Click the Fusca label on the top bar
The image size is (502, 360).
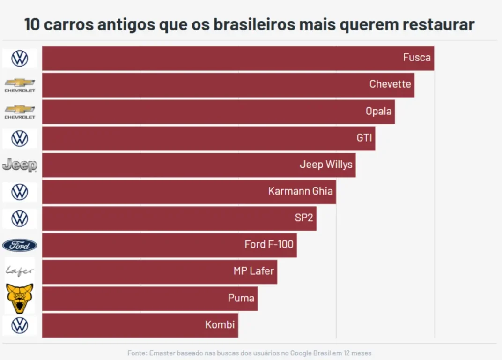416,58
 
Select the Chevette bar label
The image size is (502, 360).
390,84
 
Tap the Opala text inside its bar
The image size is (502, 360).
378,112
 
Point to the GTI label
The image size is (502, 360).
364,138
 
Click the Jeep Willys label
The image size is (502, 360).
326,165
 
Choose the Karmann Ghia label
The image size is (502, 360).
300,191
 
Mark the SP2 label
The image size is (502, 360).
303,218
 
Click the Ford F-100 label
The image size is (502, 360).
269,244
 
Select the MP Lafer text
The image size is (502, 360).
253,271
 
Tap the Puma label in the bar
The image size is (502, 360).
241,298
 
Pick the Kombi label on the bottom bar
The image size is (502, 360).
220,324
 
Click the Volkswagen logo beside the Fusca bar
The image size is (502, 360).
20,58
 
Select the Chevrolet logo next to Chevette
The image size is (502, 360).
20,85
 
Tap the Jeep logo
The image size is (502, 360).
20,165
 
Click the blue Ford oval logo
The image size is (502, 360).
20,245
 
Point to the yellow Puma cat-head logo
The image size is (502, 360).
20,298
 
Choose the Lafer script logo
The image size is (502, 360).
20,271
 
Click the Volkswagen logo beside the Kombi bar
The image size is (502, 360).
20,325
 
